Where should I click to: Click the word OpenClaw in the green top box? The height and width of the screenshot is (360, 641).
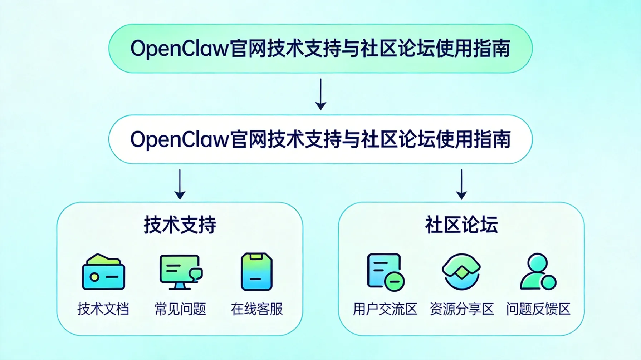(179, 49)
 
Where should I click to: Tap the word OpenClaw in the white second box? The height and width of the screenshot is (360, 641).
(179, 139)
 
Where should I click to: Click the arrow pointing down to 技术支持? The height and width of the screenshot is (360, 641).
(180, 184)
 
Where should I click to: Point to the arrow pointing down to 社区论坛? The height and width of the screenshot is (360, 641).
(461, 184)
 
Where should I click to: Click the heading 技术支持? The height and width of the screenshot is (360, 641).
(180, 225)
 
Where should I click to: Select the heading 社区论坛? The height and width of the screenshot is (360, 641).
(461, 225)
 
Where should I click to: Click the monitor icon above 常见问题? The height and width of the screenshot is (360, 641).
(180, 272)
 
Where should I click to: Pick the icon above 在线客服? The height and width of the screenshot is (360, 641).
(256, 272)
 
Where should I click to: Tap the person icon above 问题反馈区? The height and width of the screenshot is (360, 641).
(538, 272)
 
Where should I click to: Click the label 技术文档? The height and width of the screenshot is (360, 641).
(103, 309)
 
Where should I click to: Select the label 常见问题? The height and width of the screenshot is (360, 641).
(180, 309)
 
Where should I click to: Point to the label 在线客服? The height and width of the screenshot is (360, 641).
(257, 309)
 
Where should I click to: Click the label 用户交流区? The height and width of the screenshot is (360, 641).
(385, 309)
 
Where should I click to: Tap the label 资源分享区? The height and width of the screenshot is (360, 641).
(461, 309)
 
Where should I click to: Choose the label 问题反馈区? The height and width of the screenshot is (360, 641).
(538, 309)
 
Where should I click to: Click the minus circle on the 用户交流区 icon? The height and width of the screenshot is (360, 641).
(395, 282)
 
